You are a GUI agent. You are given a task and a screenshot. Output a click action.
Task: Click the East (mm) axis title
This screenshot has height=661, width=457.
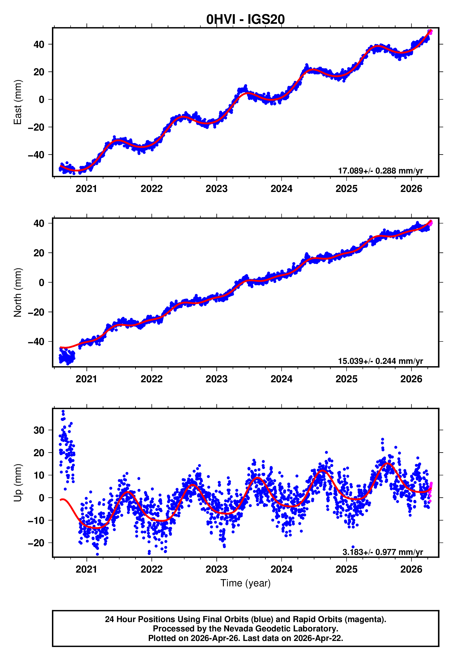[18, 102]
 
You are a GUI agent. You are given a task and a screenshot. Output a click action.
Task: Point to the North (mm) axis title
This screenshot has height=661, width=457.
[18, 292]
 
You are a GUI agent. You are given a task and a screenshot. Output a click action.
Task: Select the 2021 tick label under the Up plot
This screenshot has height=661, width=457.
[86, 569]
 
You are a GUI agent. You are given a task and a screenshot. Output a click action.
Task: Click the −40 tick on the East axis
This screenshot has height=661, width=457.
[36, 155]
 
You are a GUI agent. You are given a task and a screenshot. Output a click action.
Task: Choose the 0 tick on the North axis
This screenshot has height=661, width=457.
[42, 283]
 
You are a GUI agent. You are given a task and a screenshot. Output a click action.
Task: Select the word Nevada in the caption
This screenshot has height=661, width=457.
[237, 629]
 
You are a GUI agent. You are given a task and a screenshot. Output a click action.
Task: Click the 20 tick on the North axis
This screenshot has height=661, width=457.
[39, 253]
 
